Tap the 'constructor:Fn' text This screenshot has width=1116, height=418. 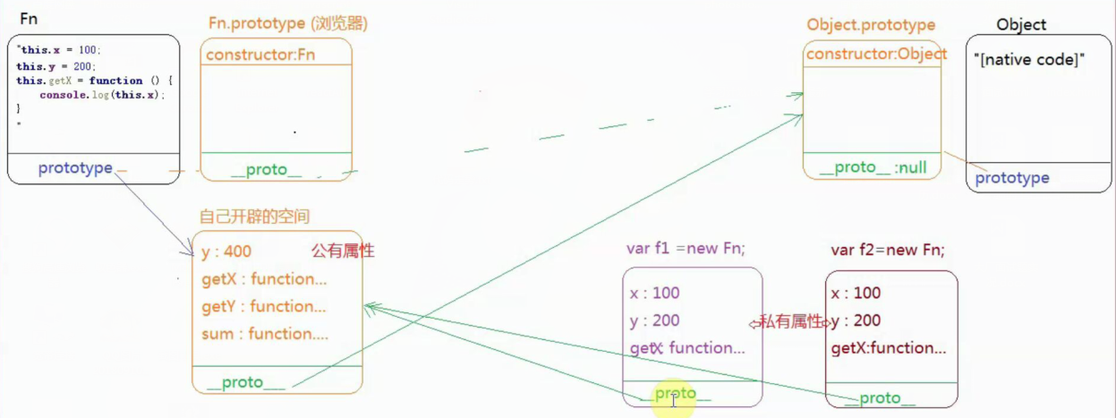pos(260,55)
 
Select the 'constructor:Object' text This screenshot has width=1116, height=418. pos(876,54)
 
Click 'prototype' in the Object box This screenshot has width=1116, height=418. pos(1012,178)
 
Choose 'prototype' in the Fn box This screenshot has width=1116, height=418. pos(75,168)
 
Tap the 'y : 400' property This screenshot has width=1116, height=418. pos(226,252)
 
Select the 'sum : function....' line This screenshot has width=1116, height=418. pos(265,334)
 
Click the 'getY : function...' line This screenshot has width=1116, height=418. pos(264,306)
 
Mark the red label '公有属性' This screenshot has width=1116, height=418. pos(342,252)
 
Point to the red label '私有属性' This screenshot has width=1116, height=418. pos(788,321)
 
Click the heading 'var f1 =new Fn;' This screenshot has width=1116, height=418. pos(686,249)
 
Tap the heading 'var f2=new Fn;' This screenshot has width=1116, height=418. pos(888,250)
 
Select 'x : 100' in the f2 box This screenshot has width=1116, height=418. pos(856,293)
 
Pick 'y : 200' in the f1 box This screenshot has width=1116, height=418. pos(654,320)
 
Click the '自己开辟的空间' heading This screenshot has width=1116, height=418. pos(255,217)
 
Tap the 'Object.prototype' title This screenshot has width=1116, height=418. pos(871,25)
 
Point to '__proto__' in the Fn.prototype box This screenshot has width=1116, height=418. pos(266,170)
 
